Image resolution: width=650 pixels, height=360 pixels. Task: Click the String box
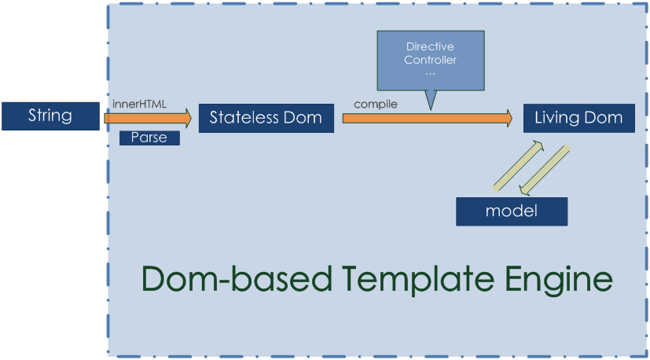pyautogui.click(x=50, y=116)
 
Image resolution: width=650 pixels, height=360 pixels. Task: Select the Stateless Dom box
pyautogui.click(x=266, y=118)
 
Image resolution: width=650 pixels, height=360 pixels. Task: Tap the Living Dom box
pyautogui.click(x=578, y=118)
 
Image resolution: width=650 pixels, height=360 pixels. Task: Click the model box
pyautogui.click(x=511, y=211)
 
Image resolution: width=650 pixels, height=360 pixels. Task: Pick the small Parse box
pyautogui.click(x=149, y=138)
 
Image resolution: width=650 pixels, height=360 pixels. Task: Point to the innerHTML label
pyautogui.click(x=140, y=103)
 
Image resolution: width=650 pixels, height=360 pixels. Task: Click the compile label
pyautogui.click(x=376, y=104)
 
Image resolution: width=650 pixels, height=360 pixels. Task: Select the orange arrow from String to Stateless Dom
pyautogui.click(x=148, y=118)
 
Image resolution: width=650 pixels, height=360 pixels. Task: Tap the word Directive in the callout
pyautogui.click(x=430, y=47)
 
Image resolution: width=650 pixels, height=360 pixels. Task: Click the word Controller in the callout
pyautogui.click(x=430, y=60)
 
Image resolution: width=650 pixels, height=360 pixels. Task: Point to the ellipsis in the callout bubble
pyautogui.click(x=430, y=72)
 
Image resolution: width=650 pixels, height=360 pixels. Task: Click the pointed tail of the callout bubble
pyautogui.click(x=430, y=101)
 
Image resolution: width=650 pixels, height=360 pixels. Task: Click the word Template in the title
pyautogui.click(x=408, y=280)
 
